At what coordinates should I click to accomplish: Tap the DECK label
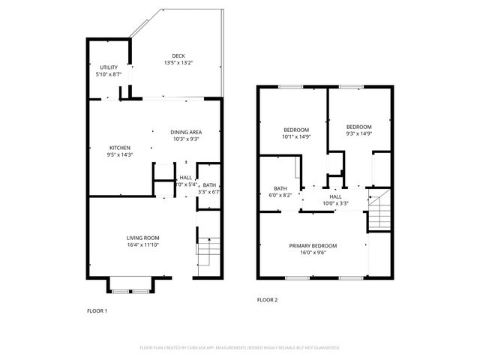point(178,55)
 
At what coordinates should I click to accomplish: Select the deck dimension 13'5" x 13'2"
point(178,63)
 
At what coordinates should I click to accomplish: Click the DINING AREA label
point(185,131)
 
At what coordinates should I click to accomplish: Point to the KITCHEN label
point(120,148)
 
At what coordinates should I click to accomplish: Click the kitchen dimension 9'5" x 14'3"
point(120,155)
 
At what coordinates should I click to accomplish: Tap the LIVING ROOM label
point(142,238)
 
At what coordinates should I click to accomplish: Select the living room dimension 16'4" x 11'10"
point(142,245)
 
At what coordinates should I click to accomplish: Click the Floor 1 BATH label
point(209,185)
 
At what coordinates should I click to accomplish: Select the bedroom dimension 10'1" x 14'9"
point(290,136)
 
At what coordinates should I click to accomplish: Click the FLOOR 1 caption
point(97,310)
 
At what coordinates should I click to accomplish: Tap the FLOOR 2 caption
point(268,299)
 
